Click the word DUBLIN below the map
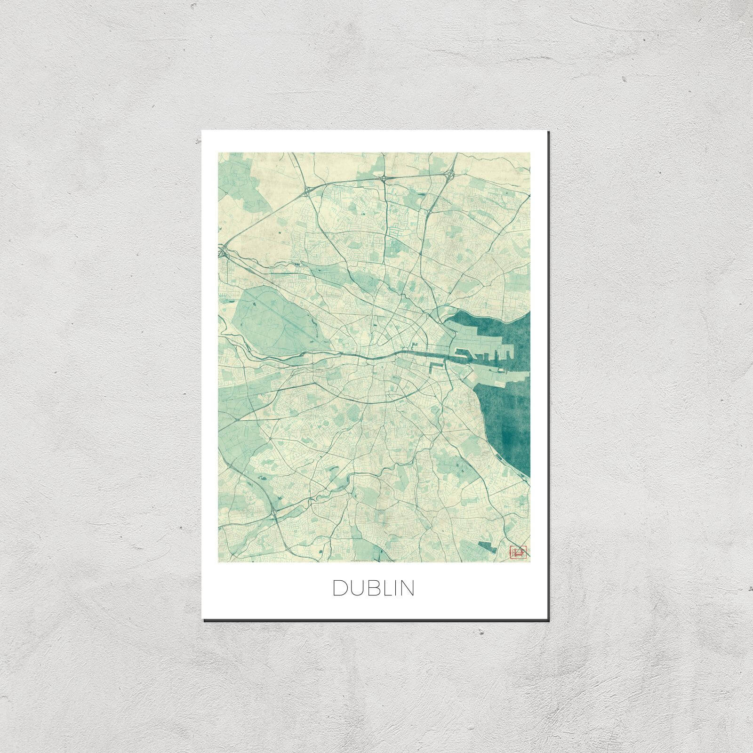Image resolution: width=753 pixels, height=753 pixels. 374,588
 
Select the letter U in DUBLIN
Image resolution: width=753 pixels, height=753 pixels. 356,588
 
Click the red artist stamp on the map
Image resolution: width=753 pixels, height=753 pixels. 516,552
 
